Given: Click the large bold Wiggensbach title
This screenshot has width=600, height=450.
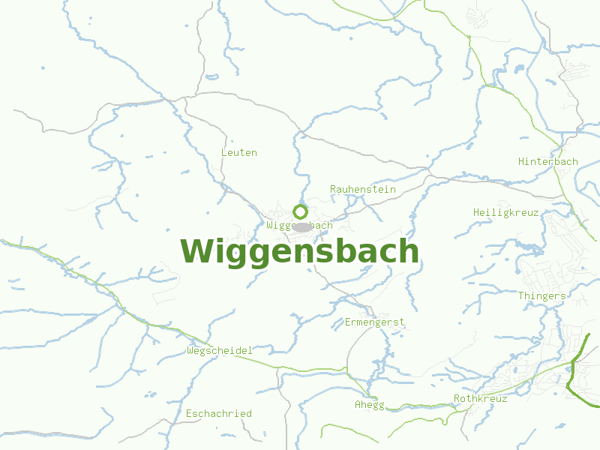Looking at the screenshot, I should point(299,251).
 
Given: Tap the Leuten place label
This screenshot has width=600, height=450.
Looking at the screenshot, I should point(238,152).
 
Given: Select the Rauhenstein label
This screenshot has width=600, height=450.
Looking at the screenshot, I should point(363,189).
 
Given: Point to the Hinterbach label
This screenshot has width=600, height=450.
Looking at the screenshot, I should point(548,161).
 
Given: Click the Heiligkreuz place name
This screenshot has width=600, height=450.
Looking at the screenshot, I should point(505,212).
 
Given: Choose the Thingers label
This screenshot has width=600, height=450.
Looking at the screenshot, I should point(541,295).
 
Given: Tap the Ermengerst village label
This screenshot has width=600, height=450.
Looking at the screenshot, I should point(374,322).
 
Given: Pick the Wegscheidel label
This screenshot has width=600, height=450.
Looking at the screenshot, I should point(219,350).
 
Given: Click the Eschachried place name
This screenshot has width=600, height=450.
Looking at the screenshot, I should point(219,413).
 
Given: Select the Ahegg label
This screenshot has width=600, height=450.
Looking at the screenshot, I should point(369,405).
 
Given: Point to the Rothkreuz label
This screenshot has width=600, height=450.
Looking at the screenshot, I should point(480,398).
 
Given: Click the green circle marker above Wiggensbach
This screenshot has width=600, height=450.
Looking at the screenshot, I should point(301,211).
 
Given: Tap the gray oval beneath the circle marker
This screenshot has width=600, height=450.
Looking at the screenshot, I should point(301,226).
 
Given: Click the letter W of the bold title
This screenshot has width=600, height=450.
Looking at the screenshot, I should point(196,251).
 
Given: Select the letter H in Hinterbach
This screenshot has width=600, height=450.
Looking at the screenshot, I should point(522,161).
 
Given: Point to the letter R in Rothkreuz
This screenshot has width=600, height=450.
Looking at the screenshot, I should point(457,398).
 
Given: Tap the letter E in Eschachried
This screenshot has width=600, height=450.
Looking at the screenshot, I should point(189,413).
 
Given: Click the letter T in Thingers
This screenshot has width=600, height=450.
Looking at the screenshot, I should point(521,295).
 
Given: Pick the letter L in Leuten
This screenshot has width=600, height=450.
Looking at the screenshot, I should point(224,152).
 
